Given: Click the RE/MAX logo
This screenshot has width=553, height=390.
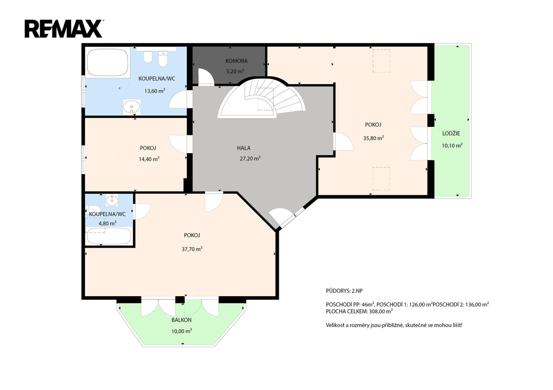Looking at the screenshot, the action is tap(64, 29).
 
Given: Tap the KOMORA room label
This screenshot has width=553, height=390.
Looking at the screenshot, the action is tap(237, 61).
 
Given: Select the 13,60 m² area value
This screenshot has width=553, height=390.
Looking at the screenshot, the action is tap(155, 91).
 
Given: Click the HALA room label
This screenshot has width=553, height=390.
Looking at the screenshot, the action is tap(244, 148).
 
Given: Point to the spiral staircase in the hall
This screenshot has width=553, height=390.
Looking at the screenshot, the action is tap(261, 98).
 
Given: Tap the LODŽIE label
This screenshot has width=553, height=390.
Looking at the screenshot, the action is tap(451, 134).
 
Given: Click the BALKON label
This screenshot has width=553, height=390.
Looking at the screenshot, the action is tap(181, 320).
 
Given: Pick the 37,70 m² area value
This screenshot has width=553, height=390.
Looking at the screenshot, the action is tap(192, 249).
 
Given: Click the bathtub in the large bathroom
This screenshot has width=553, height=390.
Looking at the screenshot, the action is tap(107, 63).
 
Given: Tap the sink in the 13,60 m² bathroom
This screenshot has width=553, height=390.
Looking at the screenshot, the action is tap(132, 107).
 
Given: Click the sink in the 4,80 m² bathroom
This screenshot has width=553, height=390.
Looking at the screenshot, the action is tap(112, 200).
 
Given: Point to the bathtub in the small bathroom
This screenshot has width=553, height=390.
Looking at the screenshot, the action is tap(109, 236).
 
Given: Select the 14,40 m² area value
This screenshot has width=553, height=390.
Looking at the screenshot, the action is tap(149, 159).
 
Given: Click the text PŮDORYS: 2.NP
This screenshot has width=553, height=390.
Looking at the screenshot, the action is tap(344, 291).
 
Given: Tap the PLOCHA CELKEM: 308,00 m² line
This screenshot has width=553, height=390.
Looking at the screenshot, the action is tap(359, 311).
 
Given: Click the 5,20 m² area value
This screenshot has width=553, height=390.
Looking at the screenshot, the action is tap(235, 71).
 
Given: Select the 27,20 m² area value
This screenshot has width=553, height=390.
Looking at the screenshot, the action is tap(250, 159).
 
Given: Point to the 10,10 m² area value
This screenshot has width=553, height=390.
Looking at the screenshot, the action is tap(452, 146).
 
